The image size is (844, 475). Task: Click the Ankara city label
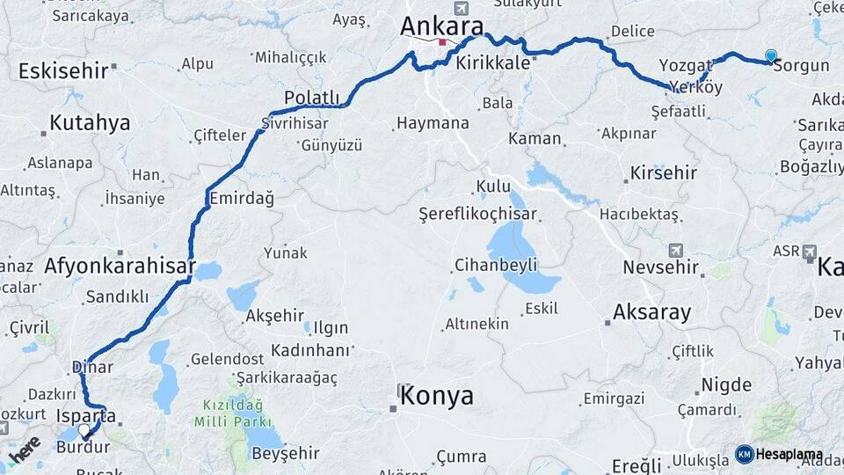442,26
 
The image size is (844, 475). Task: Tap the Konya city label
437,396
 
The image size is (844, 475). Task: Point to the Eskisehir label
62,70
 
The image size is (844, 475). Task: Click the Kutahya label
90,122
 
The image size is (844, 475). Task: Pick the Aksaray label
651,311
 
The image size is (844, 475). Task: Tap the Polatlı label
312,97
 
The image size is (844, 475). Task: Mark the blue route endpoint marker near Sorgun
771,56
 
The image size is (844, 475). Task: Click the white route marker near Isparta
85,431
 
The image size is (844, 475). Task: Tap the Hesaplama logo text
789,454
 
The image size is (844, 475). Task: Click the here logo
24,451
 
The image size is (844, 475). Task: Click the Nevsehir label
659,267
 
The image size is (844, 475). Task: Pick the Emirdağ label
241,199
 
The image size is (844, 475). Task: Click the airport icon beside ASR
810,252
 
